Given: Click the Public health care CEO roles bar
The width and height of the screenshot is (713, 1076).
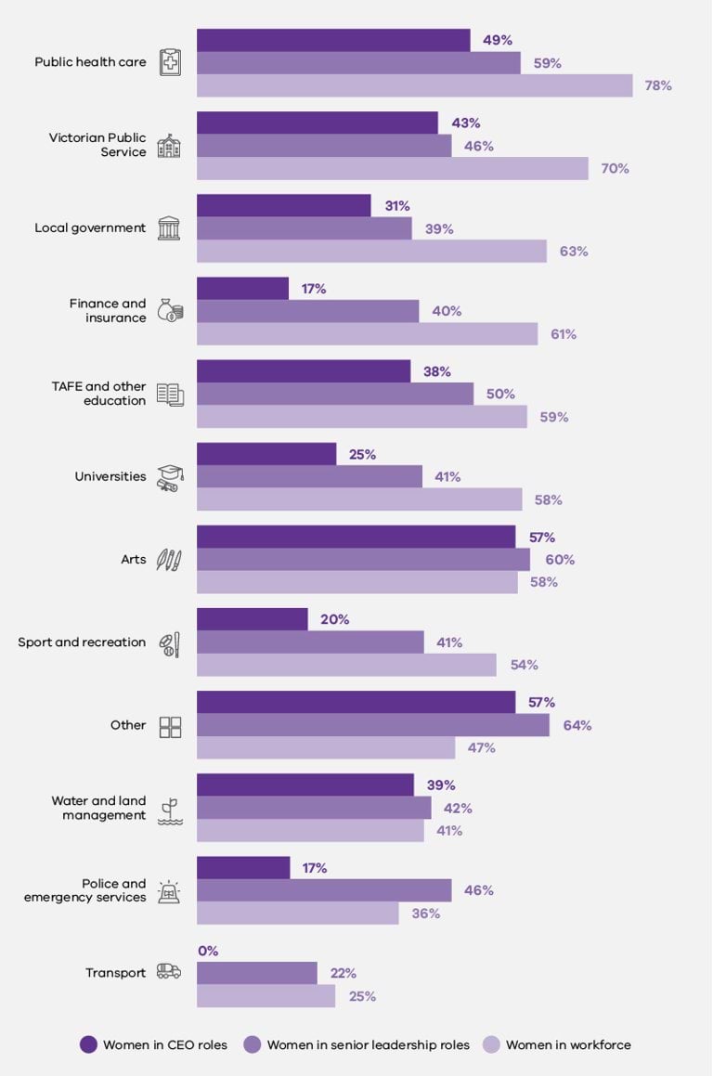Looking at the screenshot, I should pos(333,40).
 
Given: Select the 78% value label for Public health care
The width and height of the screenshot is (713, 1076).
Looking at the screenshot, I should pos(658,85).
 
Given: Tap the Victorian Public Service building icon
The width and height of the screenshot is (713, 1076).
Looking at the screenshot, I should pos(169,146).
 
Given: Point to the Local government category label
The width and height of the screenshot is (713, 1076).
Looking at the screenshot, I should pos(90,228).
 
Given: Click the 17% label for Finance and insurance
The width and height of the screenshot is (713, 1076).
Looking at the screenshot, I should pos(314,289).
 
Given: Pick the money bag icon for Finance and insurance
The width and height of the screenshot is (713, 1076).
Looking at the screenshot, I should pos(169,310).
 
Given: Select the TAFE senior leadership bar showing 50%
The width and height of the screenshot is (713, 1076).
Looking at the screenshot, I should pos(334,394).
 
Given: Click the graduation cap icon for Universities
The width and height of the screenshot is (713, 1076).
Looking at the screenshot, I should pos(169,476).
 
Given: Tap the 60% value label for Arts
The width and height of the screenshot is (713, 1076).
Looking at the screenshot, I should pos(560,560).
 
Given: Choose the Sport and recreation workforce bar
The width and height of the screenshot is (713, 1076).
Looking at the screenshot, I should pos(346,665).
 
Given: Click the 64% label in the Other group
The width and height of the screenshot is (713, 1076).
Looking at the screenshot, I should pos(577,725).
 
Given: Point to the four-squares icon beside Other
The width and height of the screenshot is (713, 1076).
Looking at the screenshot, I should pos(170,726).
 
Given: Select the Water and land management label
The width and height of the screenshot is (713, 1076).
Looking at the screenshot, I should pos(98,808).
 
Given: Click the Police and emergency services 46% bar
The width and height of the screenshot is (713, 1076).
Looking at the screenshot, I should pos(324,890).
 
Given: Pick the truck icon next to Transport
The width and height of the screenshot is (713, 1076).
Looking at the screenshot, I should pos(169,972).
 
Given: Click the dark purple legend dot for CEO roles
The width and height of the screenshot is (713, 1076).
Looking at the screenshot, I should pos(88,1044).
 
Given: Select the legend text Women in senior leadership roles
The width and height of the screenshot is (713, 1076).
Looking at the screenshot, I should pos(368,1045).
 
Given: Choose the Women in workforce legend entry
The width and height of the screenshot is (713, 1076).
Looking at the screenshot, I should pos(567,1045).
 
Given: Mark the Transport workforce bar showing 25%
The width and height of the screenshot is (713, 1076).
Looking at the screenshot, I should pos(266,996).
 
